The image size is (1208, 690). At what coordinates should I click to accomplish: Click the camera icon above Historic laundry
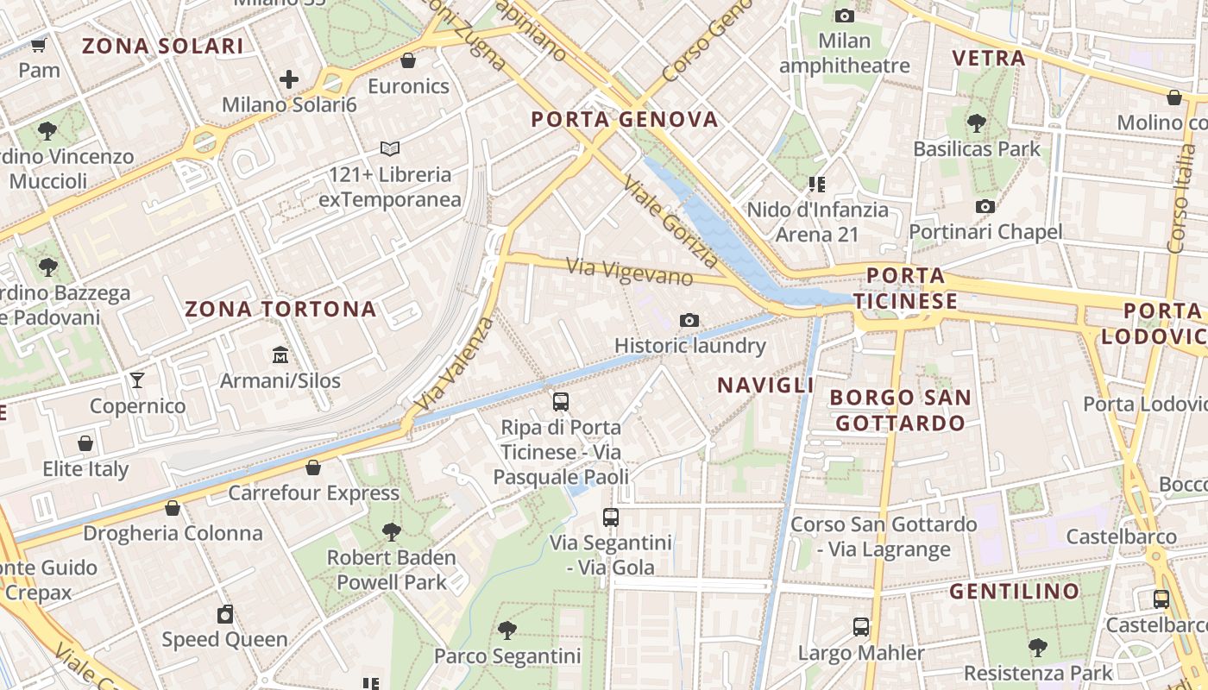click(689, 321)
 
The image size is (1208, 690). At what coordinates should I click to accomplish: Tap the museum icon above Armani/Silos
click(280, 354)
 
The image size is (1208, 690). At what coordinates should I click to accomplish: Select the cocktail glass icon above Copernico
click(137, 379)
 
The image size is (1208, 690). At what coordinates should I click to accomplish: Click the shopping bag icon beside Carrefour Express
click(313, 467)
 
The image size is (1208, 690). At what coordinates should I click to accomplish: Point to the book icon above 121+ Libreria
click(390, 148)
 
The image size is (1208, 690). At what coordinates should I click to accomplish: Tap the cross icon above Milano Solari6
click(289, 79)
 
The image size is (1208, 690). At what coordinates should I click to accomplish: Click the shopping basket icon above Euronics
click(408, 60)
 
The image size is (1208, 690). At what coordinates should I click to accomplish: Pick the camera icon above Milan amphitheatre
click(845, 16)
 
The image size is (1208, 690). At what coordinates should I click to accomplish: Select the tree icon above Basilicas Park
click(977, 122)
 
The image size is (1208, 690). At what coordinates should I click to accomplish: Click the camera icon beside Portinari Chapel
click(985, 206)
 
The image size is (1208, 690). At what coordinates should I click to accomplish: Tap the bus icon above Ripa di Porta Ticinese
click(561, 401)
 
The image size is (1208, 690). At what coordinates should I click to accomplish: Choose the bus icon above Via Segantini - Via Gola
click(611, 517)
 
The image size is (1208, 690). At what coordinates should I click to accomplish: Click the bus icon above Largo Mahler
click(860, 627)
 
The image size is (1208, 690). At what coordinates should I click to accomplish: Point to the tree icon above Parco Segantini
click(507, 630)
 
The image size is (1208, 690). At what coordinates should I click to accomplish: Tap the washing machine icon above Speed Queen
click(225, 614)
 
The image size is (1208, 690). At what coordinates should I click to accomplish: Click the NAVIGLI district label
click(765, 385)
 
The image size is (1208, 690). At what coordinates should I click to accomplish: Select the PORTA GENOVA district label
click(625, 119)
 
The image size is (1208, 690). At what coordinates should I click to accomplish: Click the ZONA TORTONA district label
click(281, 309)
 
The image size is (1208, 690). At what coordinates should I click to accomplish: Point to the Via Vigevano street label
click(630, 272)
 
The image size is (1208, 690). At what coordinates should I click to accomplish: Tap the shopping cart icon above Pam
click(39, 45)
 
